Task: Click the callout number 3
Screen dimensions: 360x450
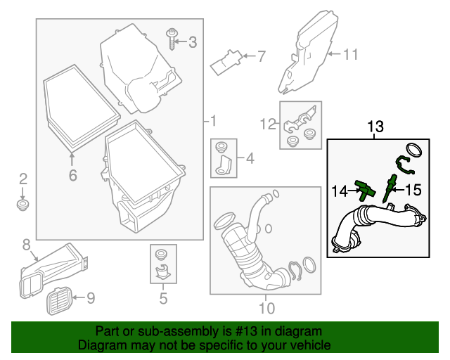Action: tap(193, 42)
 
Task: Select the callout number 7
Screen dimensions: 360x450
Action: tap(261, 56)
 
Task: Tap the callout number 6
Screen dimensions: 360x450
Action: tap(72, 174)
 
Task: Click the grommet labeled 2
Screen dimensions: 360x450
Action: tap(22, 205)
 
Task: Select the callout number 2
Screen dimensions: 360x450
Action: tap(22, 179)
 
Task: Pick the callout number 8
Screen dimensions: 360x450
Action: tap(26, 245)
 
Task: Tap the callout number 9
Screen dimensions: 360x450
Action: tap(90, 299)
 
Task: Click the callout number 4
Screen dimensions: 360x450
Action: tap(248, 158)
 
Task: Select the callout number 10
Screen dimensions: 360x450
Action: tap(266, 307)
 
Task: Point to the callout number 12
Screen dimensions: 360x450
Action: tap(268, 124)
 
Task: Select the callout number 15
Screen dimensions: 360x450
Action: tap(412, 189)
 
